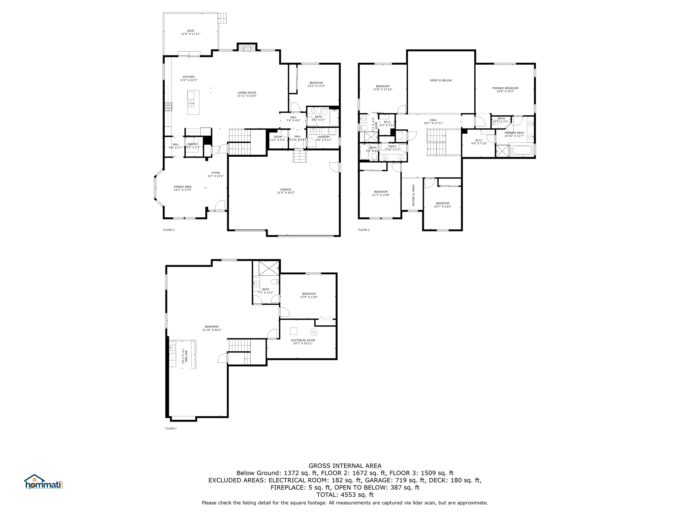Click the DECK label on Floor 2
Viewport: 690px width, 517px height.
[x=191, y=32]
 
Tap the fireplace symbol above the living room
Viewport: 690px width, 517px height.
[x=247, y=48]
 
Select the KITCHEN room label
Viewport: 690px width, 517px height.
[x=188, y=78]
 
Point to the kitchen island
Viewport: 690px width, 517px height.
[x=193, y=102]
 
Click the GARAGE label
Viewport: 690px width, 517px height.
[x=285, y=191]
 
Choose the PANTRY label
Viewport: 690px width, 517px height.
[x=192, y=145]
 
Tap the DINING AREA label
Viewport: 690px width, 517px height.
[x=183, y=188]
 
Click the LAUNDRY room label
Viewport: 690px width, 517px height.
[x=323, y=138]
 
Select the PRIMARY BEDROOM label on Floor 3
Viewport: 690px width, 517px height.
[x=505, y=90]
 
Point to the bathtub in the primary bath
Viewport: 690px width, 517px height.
[x=522, y=150]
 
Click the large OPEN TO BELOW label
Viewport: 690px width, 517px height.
[x=440, y=80]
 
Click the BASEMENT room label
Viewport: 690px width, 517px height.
[x=212, y=328]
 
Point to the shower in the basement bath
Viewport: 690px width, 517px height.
[x=269, y=268]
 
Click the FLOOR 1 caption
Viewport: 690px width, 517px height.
[x=171, y=428]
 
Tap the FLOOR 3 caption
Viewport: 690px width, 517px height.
[x=364, y=230]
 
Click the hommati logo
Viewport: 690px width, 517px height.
[x=43, y=482]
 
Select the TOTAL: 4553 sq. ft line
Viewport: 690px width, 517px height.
[x=345, y=495]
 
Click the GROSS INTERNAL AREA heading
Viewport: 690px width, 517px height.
[x=345, y=466]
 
